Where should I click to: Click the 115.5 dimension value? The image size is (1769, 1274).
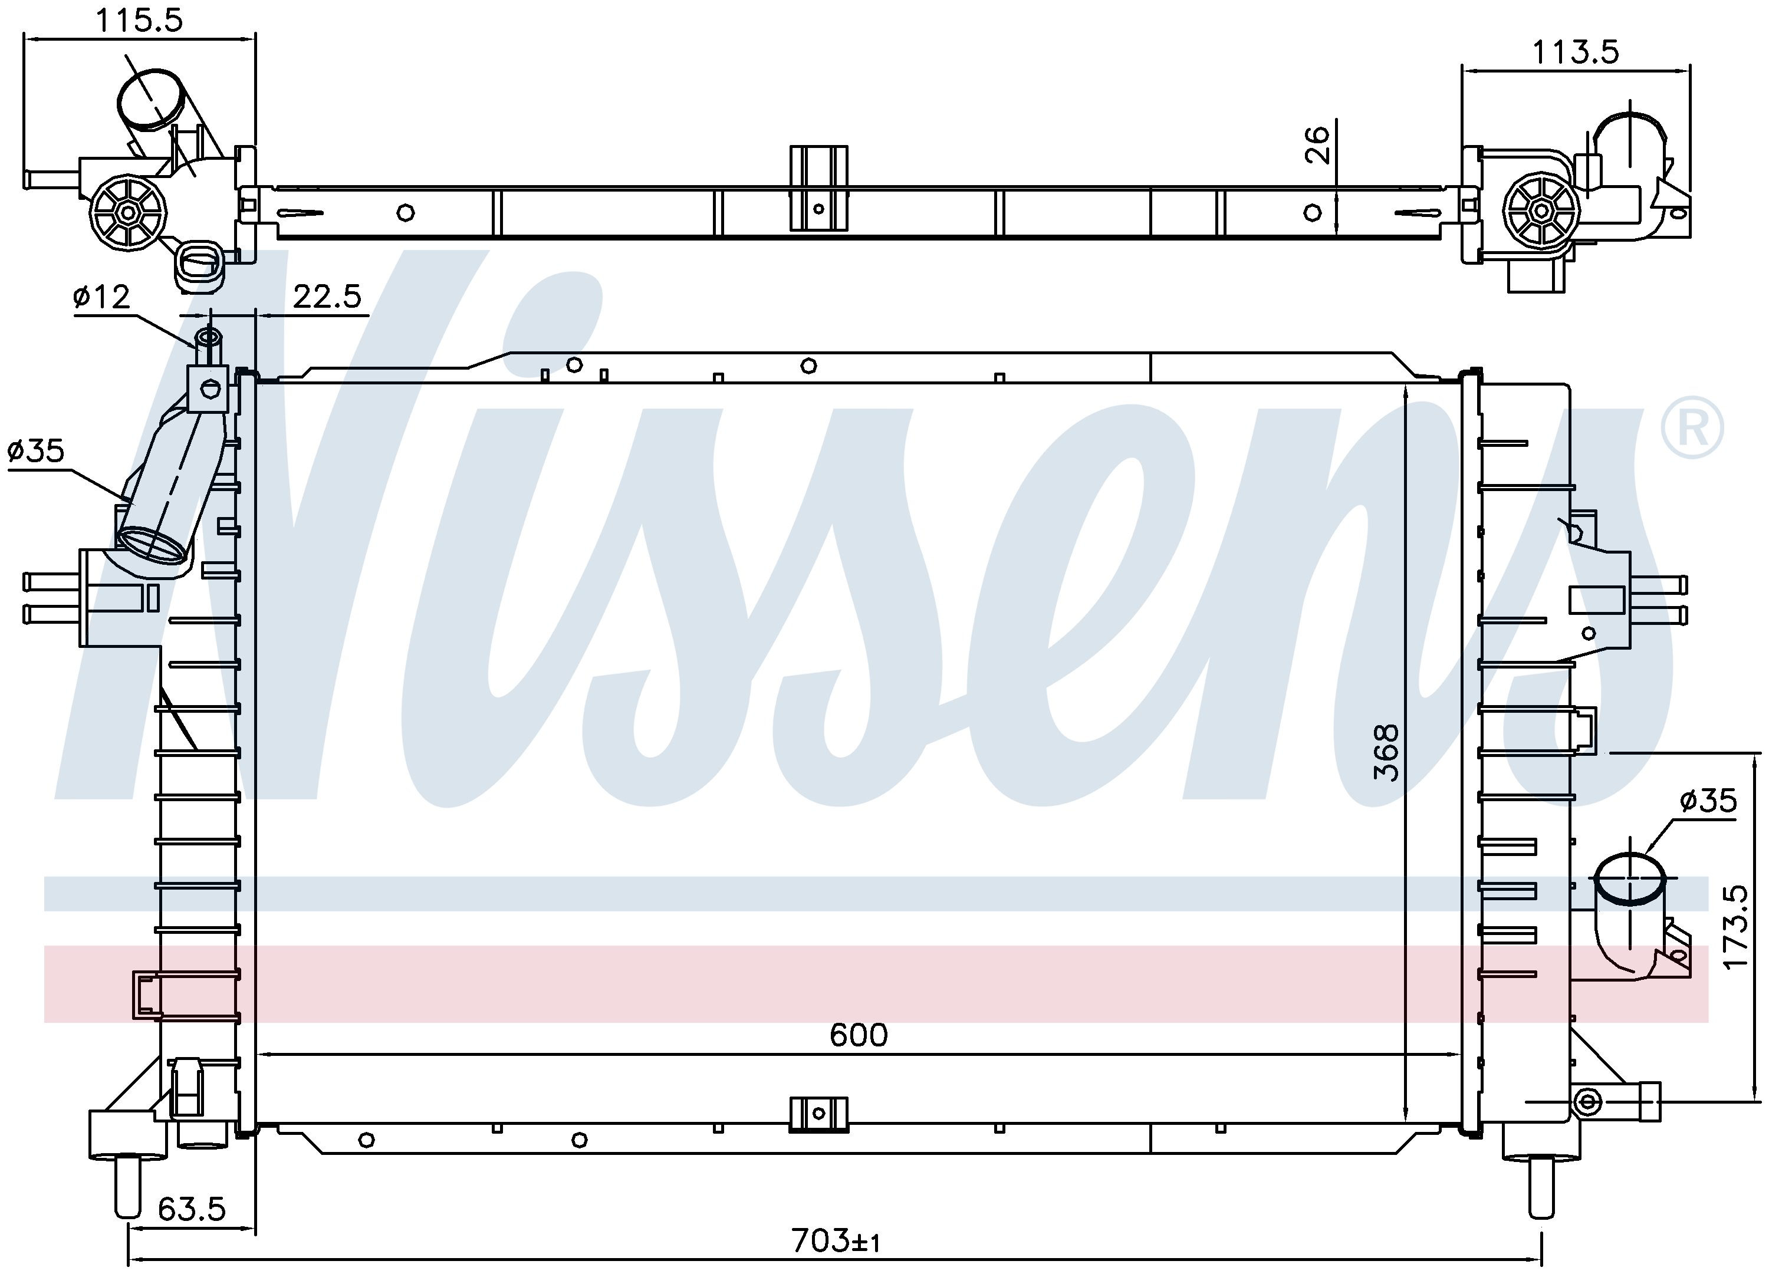pos(139,20)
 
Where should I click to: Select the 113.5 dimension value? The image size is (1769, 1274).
pos(1576,52)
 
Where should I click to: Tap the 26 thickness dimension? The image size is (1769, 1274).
pos(1317,145)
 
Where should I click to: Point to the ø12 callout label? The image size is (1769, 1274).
pos(101,297)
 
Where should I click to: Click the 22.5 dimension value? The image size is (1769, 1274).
pos(328,297)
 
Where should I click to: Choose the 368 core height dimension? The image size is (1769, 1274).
pos(1386,752)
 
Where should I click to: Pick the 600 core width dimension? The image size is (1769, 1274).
pos(858,1035)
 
